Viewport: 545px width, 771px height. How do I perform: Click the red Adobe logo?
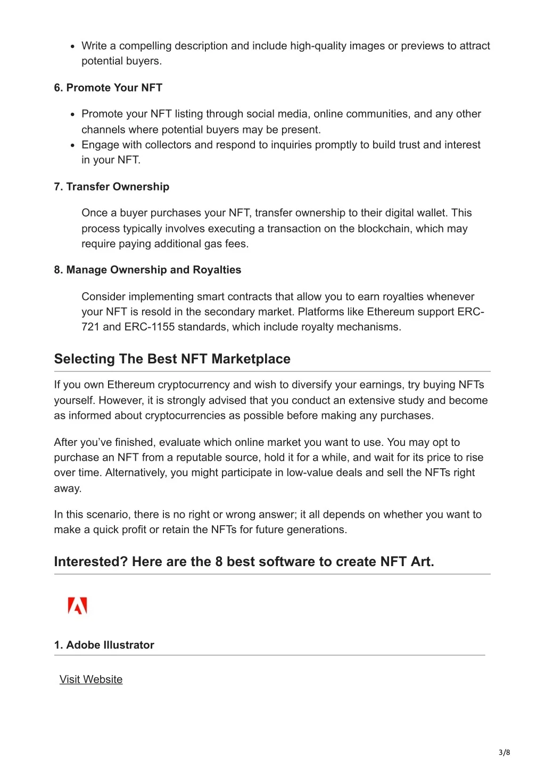pyautogui.click(x=78, y=606)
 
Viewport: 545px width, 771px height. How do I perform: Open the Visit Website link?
pyautogui.click(x=91, y=679)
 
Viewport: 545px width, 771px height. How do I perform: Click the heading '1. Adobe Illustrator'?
pyautogui.click(x=104, y=645)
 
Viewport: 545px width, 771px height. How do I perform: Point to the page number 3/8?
pyautogui.click(x=504, y=752)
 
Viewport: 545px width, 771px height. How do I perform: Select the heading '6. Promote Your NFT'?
pyautogui.click(x=108, y=88)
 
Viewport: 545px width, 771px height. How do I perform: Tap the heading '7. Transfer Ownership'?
pyautogui.click(x=111, y=187)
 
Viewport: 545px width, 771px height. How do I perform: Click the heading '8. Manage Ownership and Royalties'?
pyautogui.click(x=147, y=270)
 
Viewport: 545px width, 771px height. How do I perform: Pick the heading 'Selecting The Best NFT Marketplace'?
pyautogui.click(x=172, y=359)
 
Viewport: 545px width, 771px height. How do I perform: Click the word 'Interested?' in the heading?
pyautogui.click(x=90, y=562)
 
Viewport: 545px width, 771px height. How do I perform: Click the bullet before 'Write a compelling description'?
pyautogui.click(x=73, y=46)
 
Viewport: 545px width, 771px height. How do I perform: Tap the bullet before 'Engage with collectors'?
pyautogui.click(x=73, y=145)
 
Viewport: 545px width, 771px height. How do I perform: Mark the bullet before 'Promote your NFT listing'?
pyautogui.click(x=73, y=114)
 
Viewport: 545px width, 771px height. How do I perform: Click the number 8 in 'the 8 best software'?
pyautogui.click(x=219, y=562)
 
